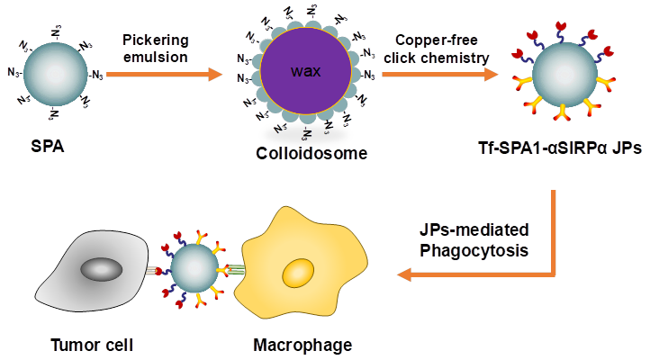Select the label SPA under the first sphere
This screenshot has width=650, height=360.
[x=55, y=146]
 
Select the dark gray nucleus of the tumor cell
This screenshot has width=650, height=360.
[x=106, y=269]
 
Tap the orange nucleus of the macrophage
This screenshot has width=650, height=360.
[x=299, y=273]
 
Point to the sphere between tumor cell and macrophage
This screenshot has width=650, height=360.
[x=194, y=269]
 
